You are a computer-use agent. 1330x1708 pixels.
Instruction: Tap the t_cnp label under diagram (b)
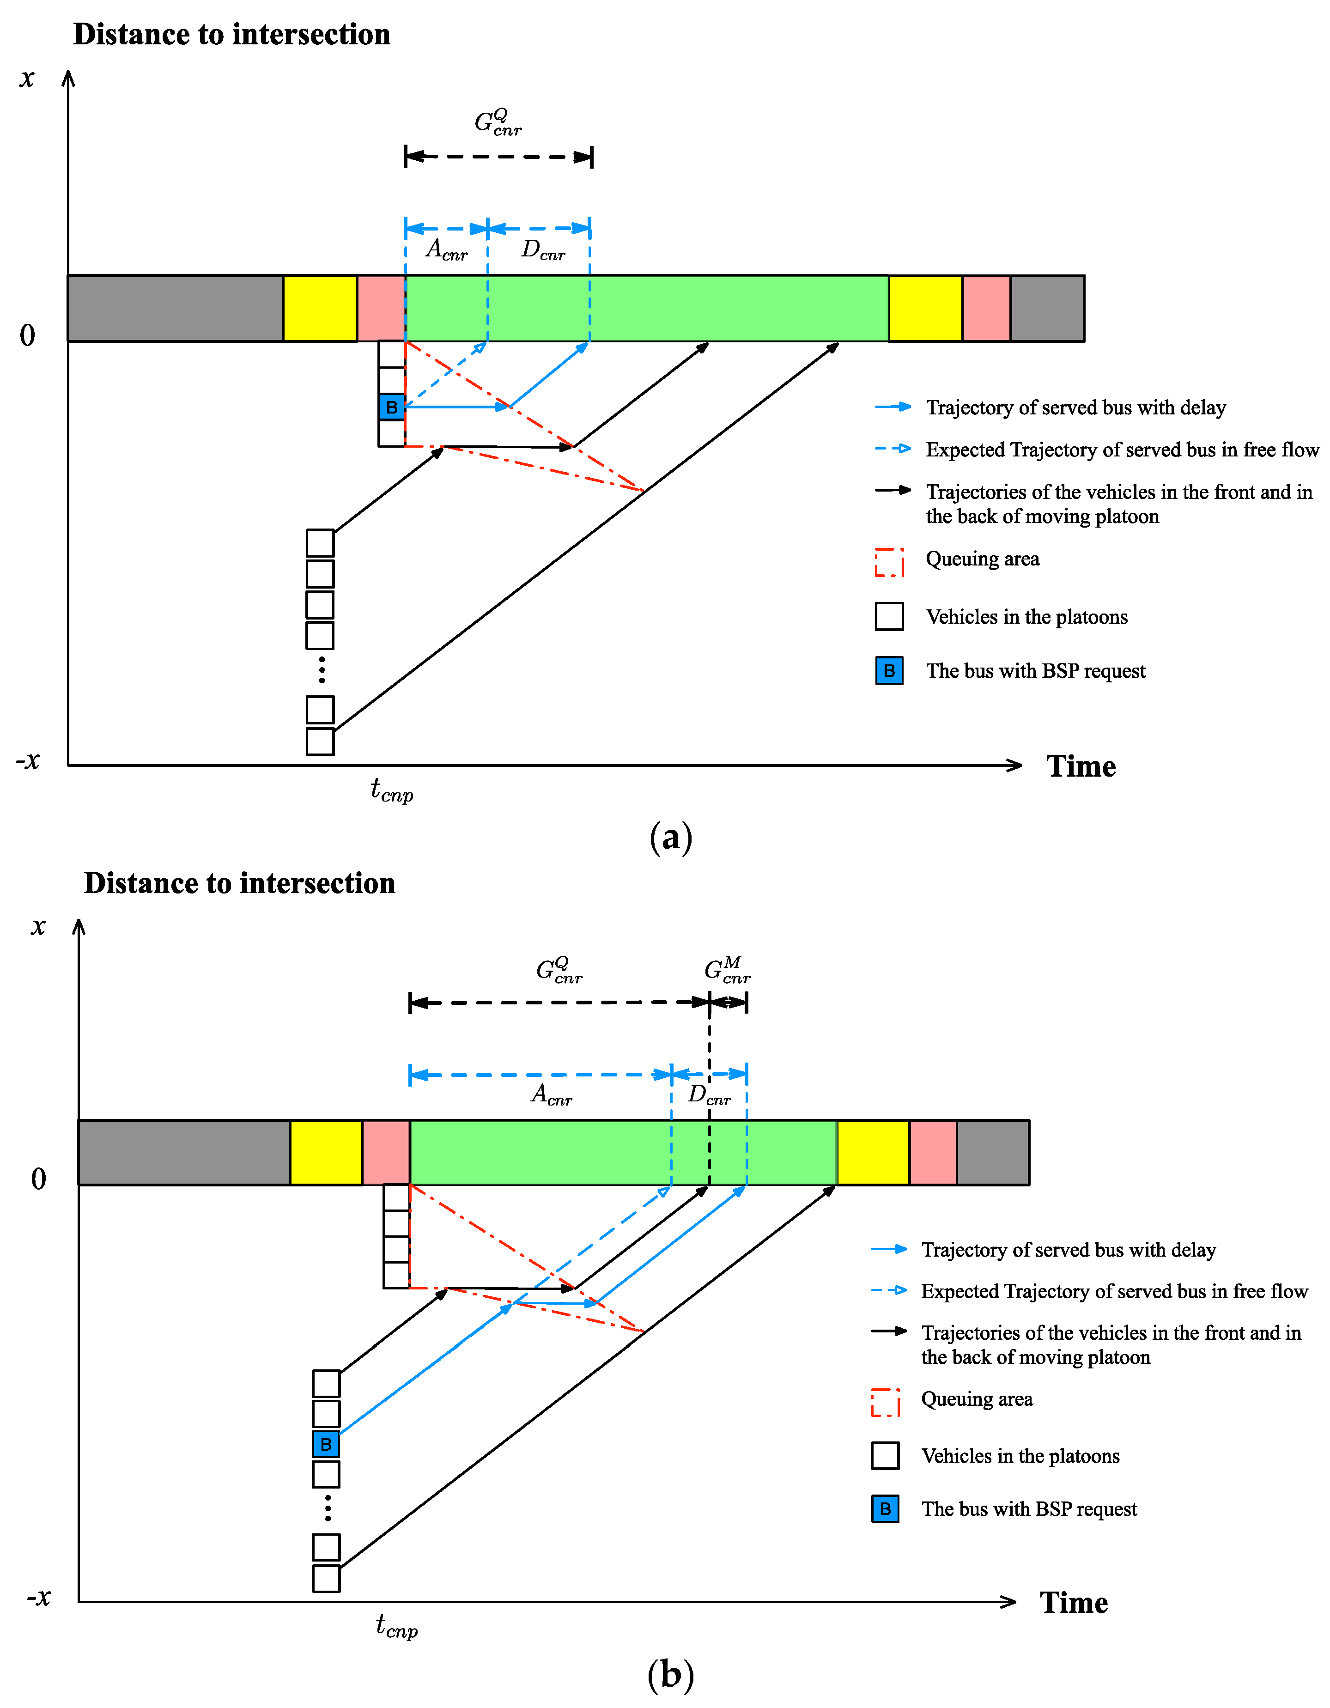(396, 1626)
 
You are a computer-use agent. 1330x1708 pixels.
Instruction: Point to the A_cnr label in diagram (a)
(446, 250)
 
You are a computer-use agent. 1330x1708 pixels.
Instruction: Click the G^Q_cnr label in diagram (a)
(498, 123)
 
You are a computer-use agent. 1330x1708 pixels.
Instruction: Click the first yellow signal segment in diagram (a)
(320, 308)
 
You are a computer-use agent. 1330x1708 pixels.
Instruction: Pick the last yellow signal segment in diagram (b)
(873, 1153)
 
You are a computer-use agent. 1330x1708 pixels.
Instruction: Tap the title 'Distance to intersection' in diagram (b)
(239, 883)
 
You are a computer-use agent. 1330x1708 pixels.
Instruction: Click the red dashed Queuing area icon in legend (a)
(889, 561)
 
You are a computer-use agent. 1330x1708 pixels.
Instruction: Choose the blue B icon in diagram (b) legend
(885, 1508)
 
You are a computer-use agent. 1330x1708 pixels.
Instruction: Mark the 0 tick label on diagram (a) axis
(27, 335)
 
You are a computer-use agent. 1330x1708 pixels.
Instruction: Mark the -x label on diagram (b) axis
(38, 1596)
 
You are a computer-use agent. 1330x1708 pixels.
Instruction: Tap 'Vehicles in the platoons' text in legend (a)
(1026, 617)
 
